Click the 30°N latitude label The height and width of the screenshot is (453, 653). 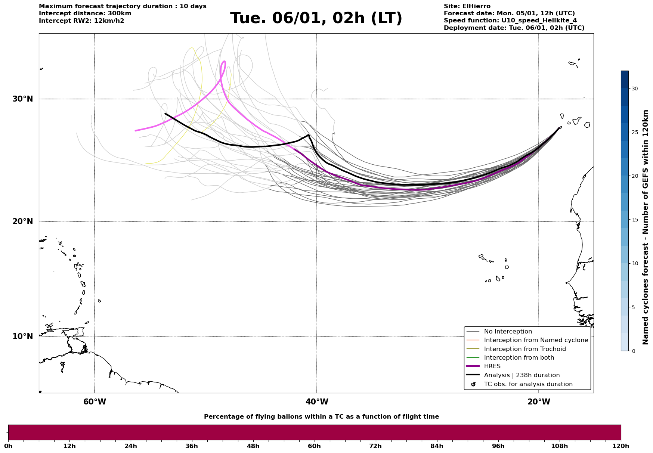point(22,99)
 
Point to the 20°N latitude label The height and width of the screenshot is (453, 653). point(22,221)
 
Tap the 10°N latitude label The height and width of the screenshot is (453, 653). point(22,336)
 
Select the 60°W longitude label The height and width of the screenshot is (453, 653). point(95,402)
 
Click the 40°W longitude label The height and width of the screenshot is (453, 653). point(317,402)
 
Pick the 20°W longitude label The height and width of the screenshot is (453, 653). point(539,402)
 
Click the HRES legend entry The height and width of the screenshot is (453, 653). point(492,366)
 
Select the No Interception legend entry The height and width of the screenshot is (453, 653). point(508,332)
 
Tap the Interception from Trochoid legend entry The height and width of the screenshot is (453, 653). point(524,349)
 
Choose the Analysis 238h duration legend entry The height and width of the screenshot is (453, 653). point(522,375)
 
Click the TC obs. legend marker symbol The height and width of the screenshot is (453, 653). point(473,384)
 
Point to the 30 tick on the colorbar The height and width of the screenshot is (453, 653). point(635,89)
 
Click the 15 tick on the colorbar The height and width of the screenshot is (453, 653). point(635,220)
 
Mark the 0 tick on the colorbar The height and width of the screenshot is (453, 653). point(633,351)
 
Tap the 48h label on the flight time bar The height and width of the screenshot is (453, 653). point(253,446)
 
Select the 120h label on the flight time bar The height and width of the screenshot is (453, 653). point(621,446)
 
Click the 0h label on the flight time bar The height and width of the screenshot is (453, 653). point(8,446)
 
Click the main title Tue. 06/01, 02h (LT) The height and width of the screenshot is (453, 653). point(316,18)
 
